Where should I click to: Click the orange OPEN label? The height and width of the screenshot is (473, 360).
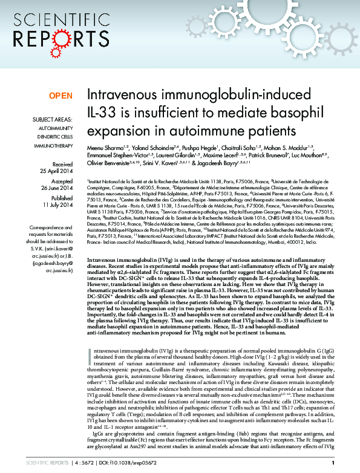click(x=60, y=96)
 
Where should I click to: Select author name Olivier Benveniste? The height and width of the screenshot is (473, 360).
click(x=111, y=163)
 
